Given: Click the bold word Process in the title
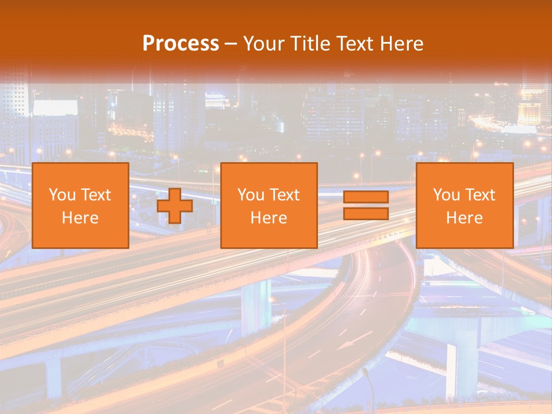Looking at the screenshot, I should tap(181, 44).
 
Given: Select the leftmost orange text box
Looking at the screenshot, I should tap(80, 205).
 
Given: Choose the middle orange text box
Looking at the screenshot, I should tap(269, 205).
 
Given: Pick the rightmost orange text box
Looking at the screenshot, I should tap(465, 205).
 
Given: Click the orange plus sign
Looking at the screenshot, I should tap(175, 205).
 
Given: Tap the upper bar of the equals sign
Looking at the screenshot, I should tap(366, 197).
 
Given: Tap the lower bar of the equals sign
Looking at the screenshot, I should tap(366, 213).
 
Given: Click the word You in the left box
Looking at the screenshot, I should tap(62, 195).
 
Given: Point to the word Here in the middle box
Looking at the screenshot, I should tap(269, 218).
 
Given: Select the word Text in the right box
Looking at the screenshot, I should tap(482, 195).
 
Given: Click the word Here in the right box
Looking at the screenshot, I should tap(465, 218).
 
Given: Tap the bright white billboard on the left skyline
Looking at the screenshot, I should tap(55, 108).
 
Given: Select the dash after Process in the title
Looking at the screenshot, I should tap(231, 44).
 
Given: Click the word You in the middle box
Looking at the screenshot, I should tap(251, 195).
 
